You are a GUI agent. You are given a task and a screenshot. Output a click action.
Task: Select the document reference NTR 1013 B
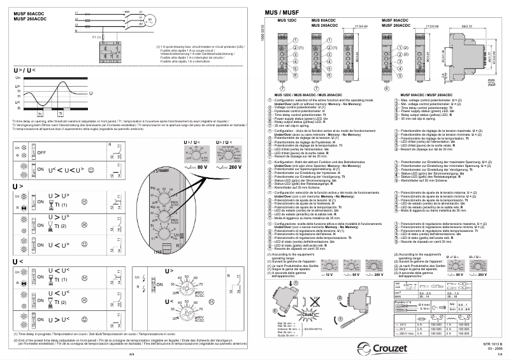pos(485,344)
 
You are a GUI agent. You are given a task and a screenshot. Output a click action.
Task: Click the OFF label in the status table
pos(41,153)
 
